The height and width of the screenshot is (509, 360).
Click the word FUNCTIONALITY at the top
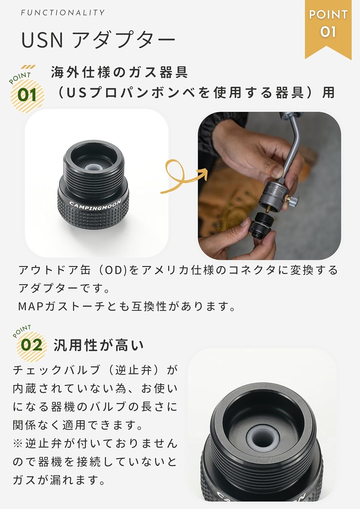[x=63, y=13]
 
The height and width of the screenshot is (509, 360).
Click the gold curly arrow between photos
[x=182, y=177]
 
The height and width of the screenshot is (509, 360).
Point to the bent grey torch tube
[x=293, y=146]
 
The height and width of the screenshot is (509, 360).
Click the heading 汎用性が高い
[x=99, y=346]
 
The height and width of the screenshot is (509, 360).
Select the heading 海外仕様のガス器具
[x=119, y=72]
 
